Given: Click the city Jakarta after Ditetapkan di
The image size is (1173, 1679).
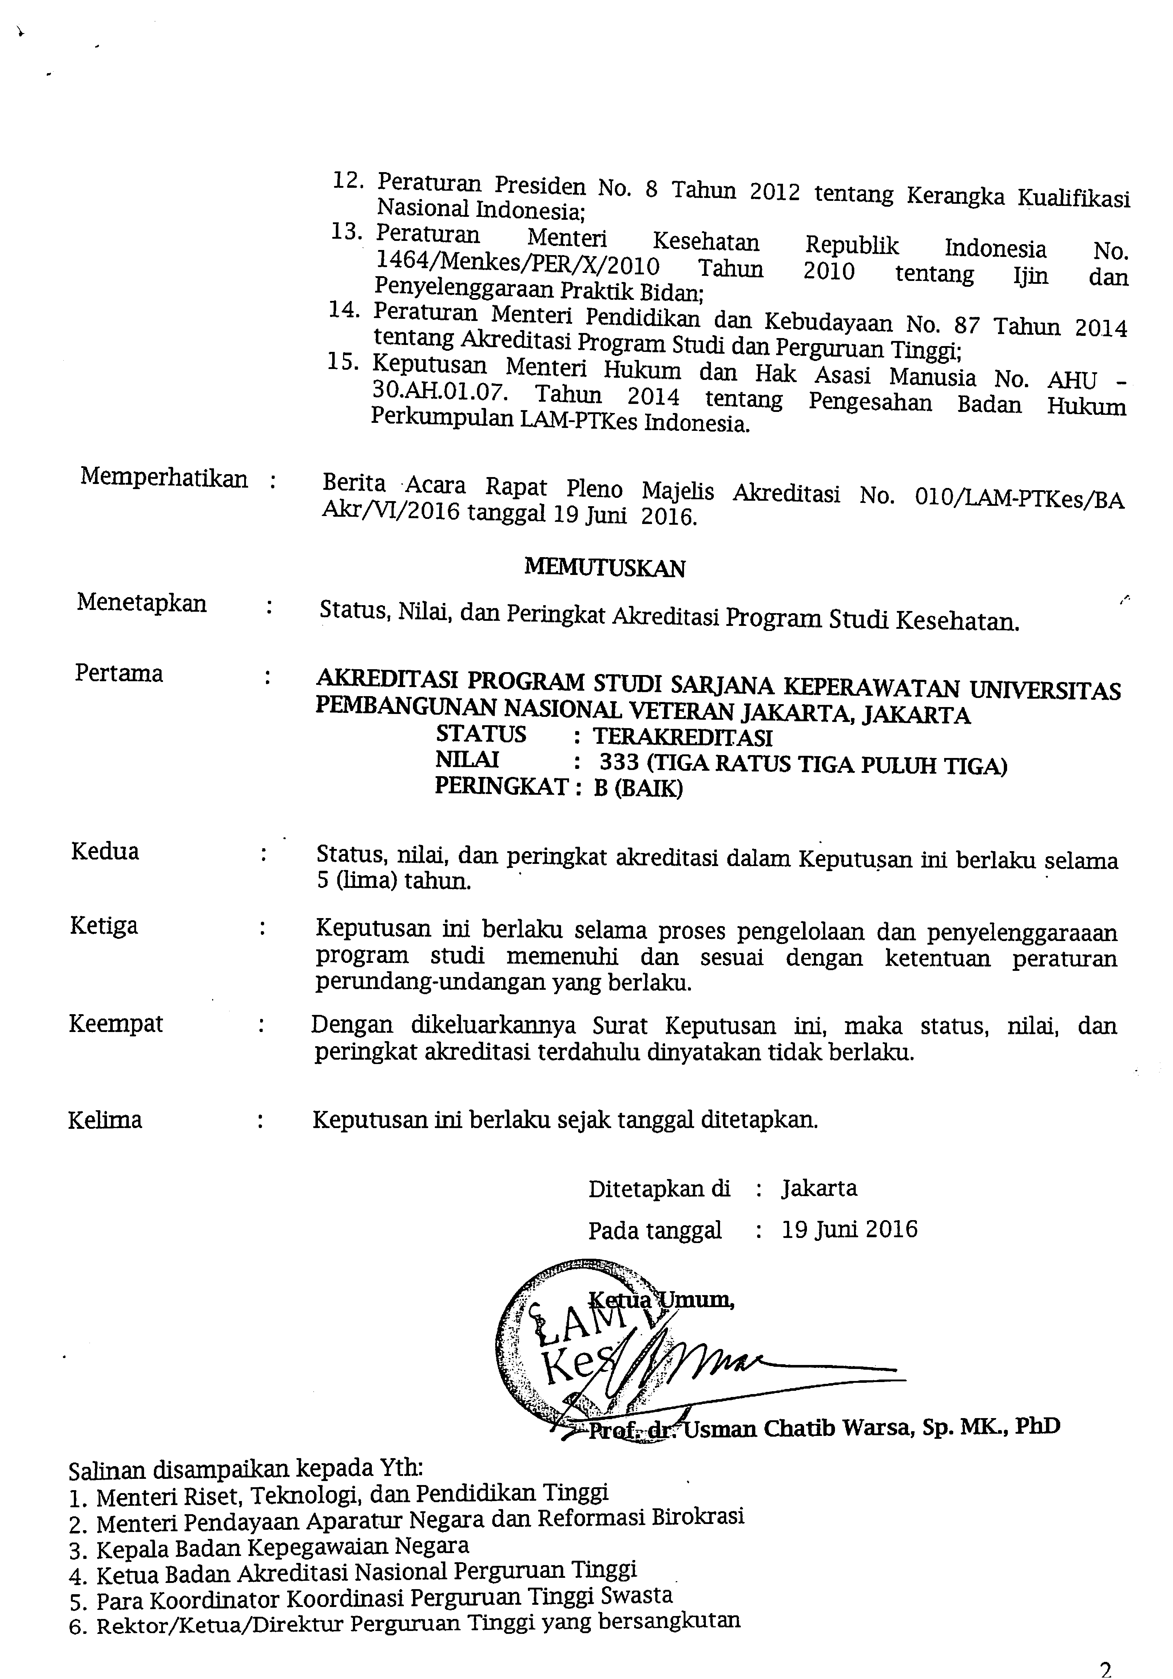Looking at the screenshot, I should tap(818, 1188).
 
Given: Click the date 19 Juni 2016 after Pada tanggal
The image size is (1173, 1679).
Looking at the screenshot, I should tap(849, 1229).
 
